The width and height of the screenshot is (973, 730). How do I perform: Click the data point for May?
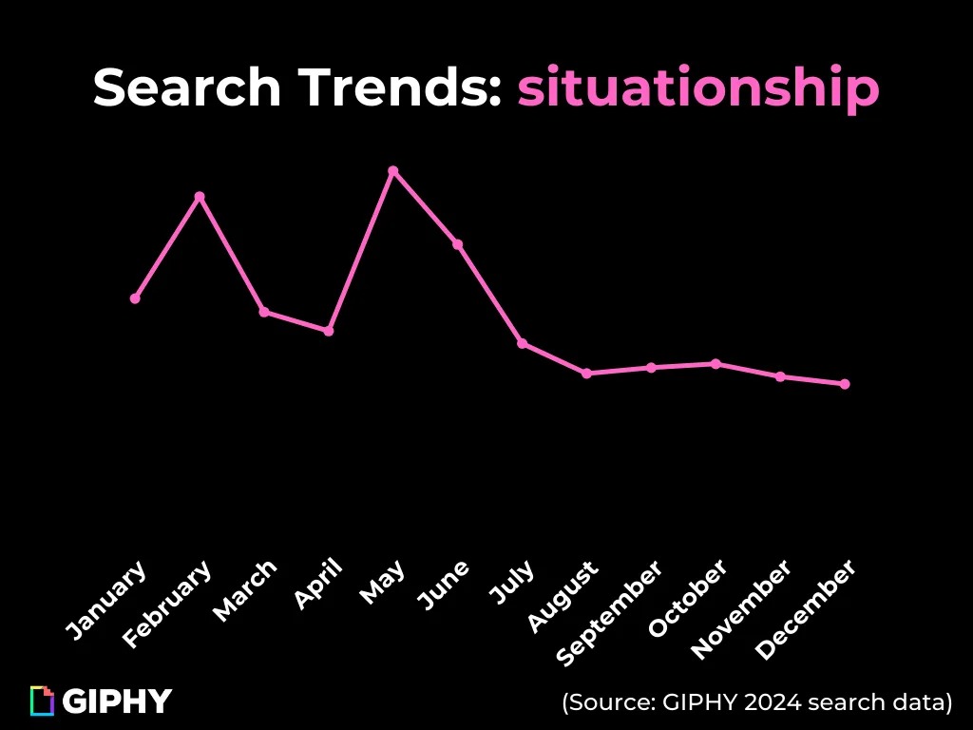(x=392, y=171)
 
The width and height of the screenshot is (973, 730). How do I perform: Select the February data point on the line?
(x=200, y=197)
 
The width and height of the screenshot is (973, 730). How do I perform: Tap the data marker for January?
(x=135, y=298)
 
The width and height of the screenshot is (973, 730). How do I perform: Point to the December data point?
(x=845, y=384)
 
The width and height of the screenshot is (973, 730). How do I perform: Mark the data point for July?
(x=522, y=343)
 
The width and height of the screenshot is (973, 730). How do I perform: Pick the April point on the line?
(x=329, y=331)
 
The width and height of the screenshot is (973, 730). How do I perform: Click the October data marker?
(x=715, y=364)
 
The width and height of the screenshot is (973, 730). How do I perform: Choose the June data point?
(x=457, y=244)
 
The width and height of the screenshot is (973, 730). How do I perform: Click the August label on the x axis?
(x=563, y=596)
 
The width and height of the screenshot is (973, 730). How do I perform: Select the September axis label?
(x=608, y=613)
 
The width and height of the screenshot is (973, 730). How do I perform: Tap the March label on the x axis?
(x=245, y=590)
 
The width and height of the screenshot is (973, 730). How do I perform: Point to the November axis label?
(x=740, y=608)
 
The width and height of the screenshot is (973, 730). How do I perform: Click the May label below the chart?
(x=382, y=582)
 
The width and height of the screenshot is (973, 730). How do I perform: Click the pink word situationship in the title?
(x=698, y=89)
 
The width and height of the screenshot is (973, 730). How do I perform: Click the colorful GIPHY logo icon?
(x=42, y=701)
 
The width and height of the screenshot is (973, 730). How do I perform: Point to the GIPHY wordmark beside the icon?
(x=117, y=701)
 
